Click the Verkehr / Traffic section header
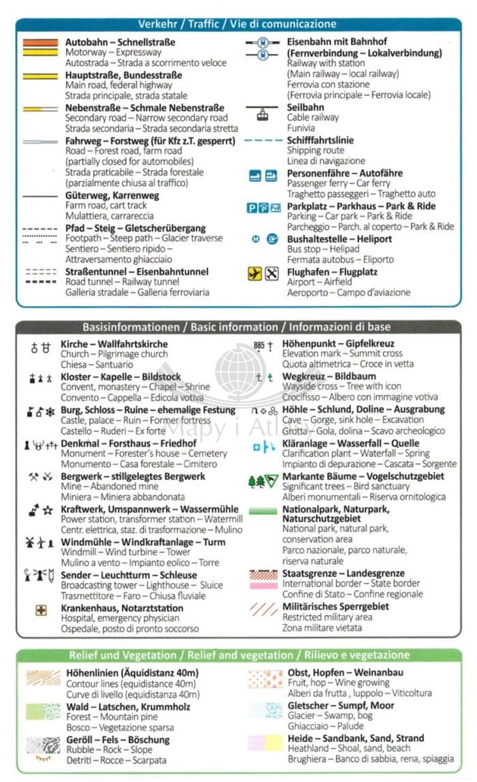pyautogui.click(x=237, y=25)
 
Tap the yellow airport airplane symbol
pyautogui.click(x=255, y=274)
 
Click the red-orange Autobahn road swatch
pyautogui.click(x=40, y=42)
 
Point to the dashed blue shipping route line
pyautogui.click(x=262, y=141)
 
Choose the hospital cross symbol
pyautogui.click(x=41, y=611)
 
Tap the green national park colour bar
pyautogui.click(x=262, y=510)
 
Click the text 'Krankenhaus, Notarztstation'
pyautogui.click(x=122, y=608)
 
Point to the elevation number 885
pyautogui.click(x=258, y=346)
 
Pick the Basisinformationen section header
pyautogui.click(x=237, y=327)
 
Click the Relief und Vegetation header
pyautogui.click(x=237, y=655)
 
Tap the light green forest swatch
pyautogui.click(x=43, y=712)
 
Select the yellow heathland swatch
pyautogui.click(x=264, y=742)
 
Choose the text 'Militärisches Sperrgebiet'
pyautogui.click(x=335, y=606)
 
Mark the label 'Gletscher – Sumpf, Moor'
pyautogui.click(x=341, y=706)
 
